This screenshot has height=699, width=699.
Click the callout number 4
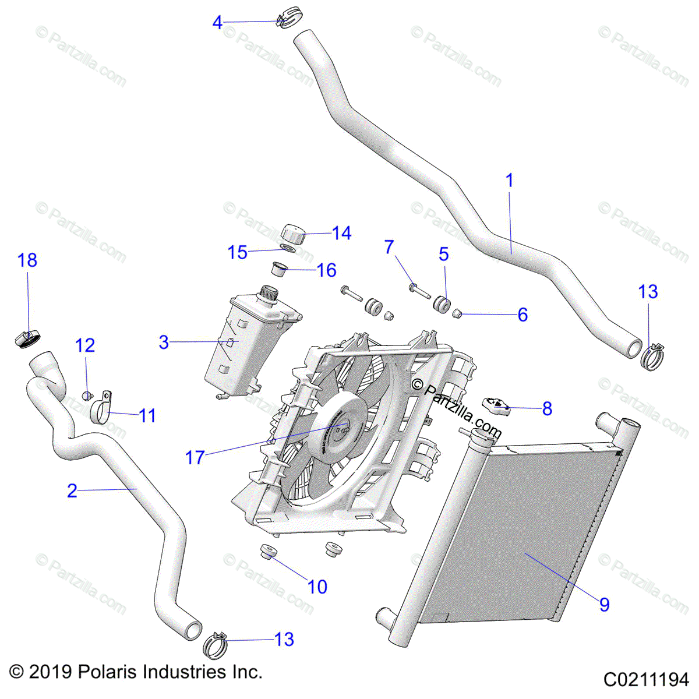point(217,23)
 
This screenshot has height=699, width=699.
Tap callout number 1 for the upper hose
point(510,181)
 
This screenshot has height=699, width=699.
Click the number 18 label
point(27,260)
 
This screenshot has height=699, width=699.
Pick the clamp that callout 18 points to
point(27,338)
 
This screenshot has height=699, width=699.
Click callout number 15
point(238,252)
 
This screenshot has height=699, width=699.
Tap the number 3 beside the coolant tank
point(164,342)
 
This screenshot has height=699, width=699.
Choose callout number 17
point(195,457)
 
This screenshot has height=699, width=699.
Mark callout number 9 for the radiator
point(604,605)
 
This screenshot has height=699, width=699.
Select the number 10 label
point(317,587)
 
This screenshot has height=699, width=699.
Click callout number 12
point(85,345)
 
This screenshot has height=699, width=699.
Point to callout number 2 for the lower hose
point(72,491)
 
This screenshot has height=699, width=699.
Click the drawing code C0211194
point(646,680)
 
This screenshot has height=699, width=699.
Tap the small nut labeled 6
point(457,314)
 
